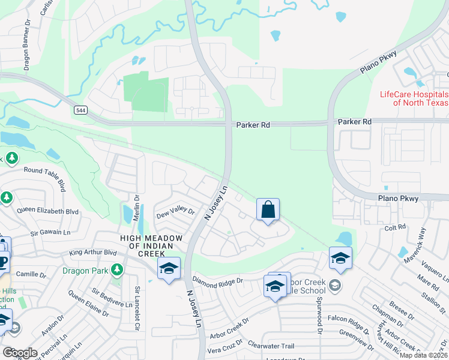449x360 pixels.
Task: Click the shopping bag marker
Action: coord(268,211)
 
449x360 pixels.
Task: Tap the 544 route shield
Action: coord(80,110)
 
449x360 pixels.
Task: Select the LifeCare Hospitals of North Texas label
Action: coord(414,98)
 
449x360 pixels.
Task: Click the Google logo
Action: coord(19,353)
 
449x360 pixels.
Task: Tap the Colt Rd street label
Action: coord(395,227)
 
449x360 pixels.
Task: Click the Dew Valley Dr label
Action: coord(175,212)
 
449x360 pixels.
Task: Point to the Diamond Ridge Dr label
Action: coord(217,280)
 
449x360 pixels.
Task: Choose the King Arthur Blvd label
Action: coord(92,253)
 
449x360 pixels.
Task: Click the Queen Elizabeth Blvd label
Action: coord(48,211)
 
